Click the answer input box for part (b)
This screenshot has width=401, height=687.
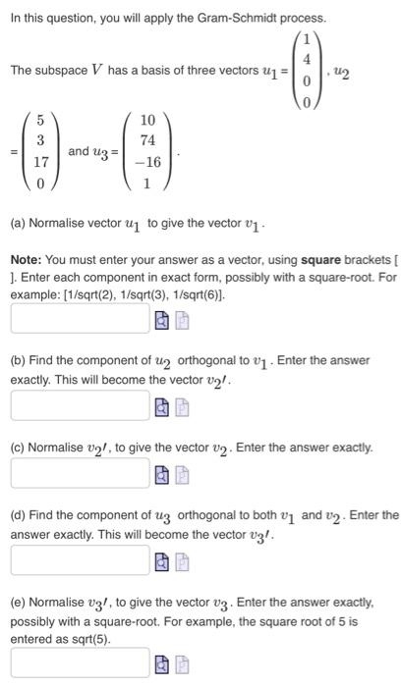(x=80, y=405)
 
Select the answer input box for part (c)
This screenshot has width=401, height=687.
(x=80, y=473)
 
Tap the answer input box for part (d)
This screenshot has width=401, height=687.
(x=80, y=559)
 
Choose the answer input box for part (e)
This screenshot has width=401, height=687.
(x=80, y=663)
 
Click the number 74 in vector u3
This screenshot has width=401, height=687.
(x=147, y=141)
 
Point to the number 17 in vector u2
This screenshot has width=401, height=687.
(x=40, y=161)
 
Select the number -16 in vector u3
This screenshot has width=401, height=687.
(x=147, y=161)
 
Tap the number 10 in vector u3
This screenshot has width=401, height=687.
(x=147, y=121)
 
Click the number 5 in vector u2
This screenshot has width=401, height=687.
(x=40, y=121)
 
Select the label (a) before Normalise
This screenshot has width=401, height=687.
(x=18, y=224)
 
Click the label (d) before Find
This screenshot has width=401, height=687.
(x=18, y=515)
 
